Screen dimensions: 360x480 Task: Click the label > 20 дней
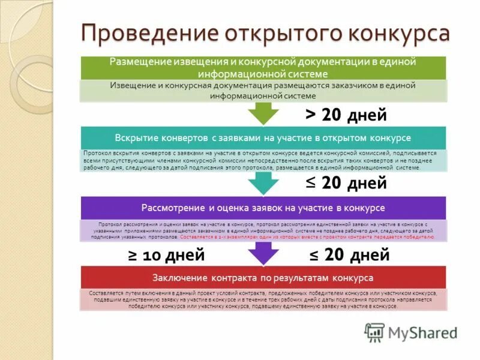[x=346, y=114]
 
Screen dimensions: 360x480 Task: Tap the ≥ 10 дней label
[x=166, y=255]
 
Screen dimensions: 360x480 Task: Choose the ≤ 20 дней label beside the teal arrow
[x=346, y=183]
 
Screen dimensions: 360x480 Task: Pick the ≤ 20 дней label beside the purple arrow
[x=349, y=255]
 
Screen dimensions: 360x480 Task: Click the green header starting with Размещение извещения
[x=263, y=68]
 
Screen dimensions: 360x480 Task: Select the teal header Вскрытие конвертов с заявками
[x=263, y=138]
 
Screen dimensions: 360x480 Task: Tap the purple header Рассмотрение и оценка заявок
[x=263, y=208]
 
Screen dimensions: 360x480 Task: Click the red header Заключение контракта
[x=263, y=277]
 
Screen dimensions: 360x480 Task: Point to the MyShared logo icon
[x=374, y=332]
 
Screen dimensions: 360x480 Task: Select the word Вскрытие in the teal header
[x=136, y=138]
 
